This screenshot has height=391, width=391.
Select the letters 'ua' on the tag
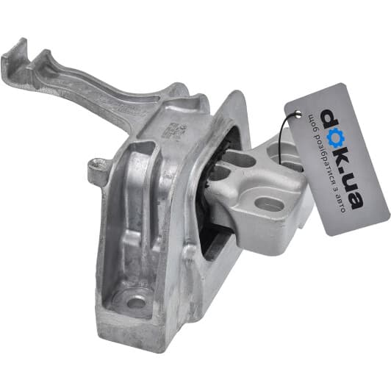click(351, 192)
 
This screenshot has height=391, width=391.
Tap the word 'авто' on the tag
click(340, 204)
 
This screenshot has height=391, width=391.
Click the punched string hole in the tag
click(296, 113)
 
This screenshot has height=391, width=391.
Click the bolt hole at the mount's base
click(136, 303)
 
